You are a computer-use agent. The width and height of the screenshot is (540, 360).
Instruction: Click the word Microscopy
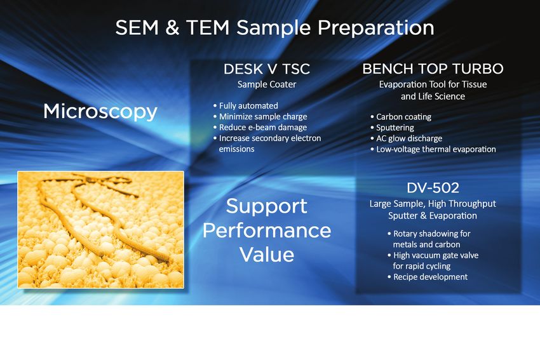point(100,112)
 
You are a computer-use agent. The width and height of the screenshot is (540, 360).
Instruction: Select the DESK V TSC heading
point(267,69)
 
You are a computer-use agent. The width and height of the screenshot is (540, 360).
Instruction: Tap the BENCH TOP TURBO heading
point(433,69)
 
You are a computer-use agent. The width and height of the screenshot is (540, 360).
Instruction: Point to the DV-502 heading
point(433,187)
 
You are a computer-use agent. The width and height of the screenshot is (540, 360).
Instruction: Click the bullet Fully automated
point(246,105)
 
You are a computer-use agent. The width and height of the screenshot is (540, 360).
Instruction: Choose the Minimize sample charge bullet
point(260,117)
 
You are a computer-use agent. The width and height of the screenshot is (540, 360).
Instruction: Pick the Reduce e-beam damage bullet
point(260,128)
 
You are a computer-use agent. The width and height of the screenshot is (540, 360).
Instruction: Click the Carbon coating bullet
point(401,117)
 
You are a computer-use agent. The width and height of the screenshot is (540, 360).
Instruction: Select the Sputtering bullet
point(392,128)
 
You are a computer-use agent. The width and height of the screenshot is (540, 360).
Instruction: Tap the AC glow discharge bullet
point(407,138)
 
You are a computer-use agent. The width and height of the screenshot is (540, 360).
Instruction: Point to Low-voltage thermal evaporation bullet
point(433,149)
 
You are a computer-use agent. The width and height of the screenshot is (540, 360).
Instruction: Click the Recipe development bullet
point(428,277)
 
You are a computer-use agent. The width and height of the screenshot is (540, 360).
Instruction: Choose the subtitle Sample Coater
point(267,84)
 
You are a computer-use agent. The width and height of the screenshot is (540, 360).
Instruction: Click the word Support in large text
point(267,206)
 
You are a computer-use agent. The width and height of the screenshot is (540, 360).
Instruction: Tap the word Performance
point(267,230)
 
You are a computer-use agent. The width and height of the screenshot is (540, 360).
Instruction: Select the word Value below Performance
point(267,255)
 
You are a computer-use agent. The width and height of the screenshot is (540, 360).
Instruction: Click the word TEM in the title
point(208,27)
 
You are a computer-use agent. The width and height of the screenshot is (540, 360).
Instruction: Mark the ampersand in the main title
point(172,27)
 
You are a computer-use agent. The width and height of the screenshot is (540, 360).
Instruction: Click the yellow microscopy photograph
point(100,230)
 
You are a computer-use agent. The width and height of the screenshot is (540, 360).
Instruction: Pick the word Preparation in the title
point(375,28)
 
